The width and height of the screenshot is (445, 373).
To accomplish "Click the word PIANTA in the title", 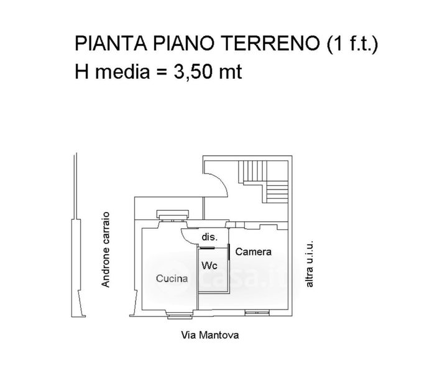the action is pyautogui.click(x=101, y=45).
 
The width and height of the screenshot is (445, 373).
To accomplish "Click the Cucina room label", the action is pyautogui.click(x=172, y=279).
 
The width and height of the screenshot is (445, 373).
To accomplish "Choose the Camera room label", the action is pyautogui.click(x=254, y=252).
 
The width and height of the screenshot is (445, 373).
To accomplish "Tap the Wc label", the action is pyautogui.click(x=209, y=265).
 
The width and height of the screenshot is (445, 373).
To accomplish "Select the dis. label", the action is pyautogui.click(x=208, y=237).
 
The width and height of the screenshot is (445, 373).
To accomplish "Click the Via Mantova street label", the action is pyautogui.click(x=209, y=334).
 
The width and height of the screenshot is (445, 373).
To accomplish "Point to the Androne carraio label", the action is pyautogui.click(x=106, y=249).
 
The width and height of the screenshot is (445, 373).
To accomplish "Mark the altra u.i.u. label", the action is pyautogui.click(x=309, y=264).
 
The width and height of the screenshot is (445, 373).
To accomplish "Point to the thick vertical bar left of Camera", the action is pyautogui.click(x=230, y=251).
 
